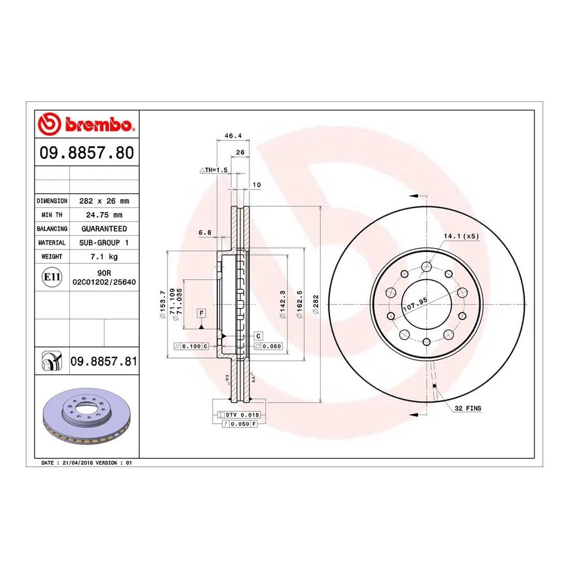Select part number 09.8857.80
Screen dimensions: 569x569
point(87,154)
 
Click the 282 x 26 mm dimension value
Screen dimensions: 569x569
point(104,201)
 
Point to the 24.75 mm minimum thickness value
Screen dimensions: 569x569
point(104,215)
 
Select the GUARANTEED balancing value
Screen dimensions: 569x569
point(104,228)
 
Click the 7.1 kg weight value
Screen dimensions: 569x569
point(104,257)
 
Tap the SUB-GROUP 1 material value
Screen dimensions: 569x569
point(104,242)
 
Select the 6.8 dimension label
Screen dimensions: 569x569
point(205,232)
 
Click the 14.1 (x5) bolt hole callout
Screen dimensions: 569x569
point(461,236)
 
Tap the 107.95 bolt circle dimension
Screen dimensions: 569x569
point(415,306)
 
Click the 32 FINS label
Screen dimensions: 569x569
point(468,408)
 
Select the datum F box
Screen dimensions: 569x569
point(202,312)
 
